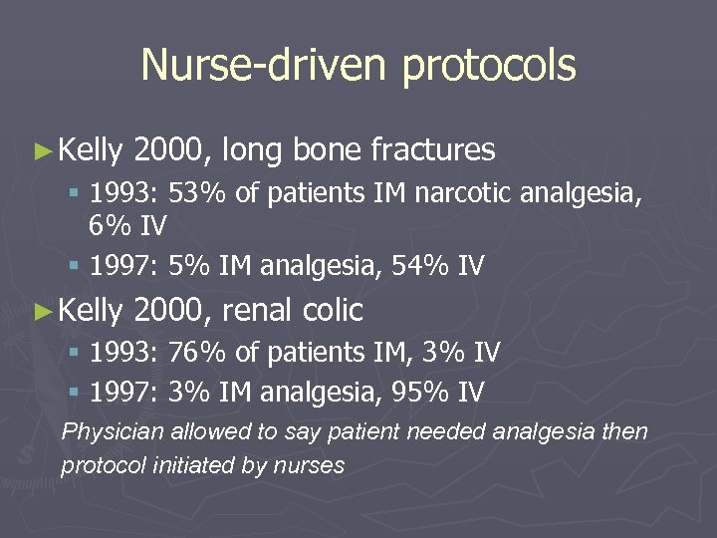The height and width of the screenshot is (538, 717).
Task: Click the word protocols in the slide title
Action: (x=489, y=66)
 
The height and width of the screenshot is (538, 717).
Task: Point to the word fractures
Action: (x=432, y=150)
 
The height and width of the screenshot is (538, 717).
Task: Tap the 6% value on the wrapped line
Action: (x=107, y=226)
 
